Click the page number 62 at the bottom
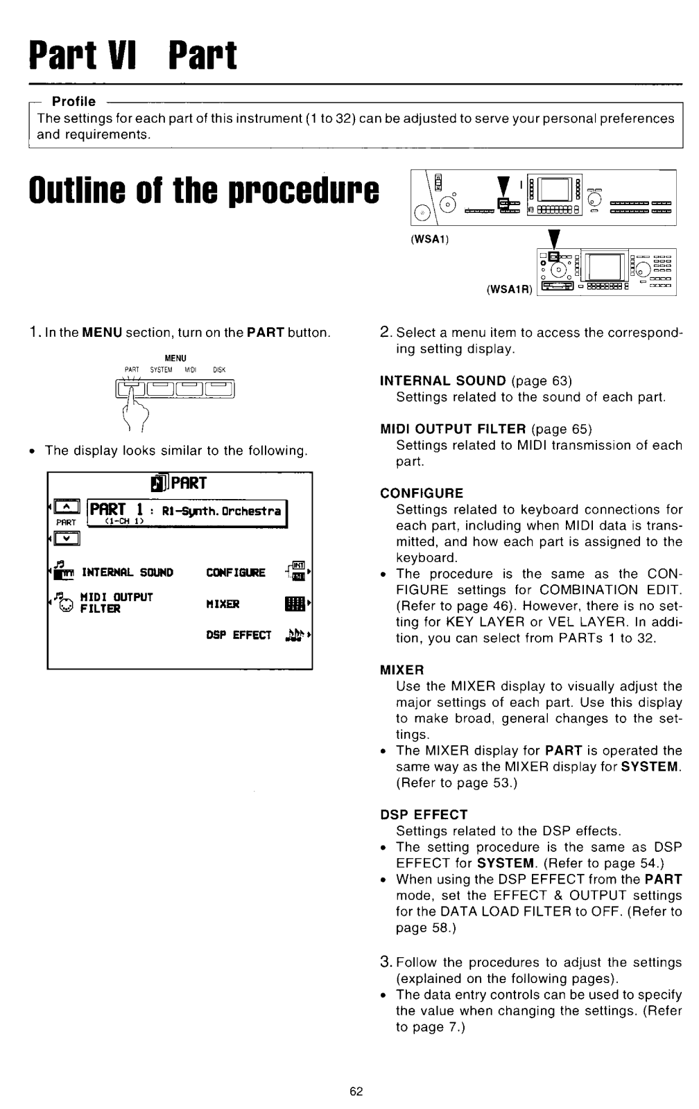(x=356, y=1092)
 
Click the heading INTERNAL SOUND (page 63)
(x=443, y=381)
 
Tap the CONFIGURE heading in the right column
(x=422, y=493)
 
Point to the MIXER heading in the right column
(x=402, y=670)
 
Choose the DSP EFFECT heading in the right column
(x=424, y=814)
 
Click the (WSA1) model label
(x=430, y=238)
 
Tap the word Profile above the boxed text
(x=74, y=102)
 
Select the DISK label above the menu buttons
(x=219, y=370)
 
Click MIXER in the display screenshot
(x=223, y=604)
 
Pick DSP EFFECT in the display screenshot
(x=238, y=636)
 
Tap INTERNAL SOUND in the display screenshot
(x=127, y=573)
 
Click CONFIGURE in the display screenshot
(x=236, y=573)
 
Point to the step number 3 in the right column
(x=387, y=961)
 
